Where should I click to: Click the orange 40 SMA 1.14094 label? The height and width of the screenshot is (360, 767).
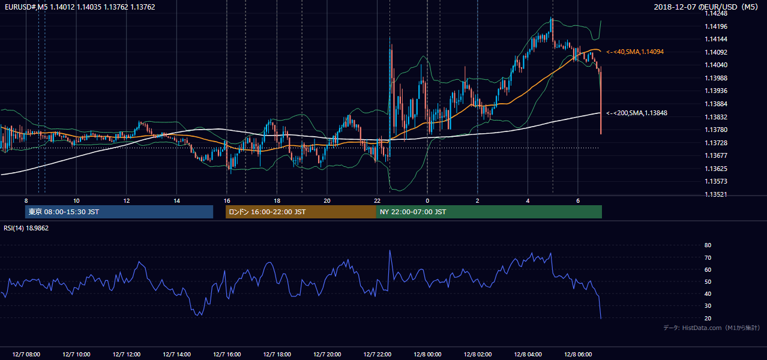point(635,52)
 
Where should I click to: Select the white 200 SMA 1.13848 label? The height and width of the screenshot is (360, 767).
point(637,113)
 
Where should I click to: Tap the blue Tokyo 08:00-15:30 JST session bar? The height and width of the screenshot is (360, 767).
point(119,212)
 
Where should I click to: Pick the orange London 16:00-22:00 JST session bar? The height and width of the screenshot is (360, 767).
point(301,212)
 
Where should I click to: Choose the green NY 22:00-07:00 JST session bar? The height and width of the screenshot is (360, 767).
point(489,212)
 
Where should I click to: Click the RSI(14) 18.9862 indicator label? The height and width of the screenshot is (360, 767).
point(26,228)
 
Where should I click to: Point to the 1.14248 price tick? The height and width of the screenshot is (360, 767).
point(715,13)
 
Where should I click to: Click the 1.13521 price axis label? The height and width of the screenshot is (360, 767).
point(715,194)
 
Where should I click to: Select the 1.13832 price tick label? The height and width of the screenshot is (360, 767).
point(715,117)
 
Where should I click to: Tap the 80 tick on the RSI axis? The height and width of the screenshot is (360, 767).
point(708,245)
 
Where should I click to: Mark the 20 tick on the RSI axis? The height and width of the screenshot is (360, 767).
point(708,318)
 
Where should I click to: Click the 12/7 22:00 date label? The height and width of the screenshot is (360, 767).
point(377,355)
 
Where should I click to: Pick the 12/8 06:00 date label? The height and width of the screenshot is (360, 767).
point(578,355)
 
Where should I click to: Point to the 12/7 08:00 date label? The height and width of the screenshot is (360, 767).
point(26,355)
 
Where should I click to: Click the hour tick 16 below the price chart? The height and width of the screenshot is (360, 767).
point(227,201)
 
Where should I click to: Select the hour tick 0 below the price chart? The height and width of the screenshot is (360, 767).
point(427,201)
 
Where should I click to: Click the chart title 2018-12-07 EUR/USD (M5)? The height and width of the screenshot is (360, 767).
point(706,7)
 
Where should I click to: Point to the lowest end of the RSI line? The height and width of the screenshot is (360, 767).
point(601,319)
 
